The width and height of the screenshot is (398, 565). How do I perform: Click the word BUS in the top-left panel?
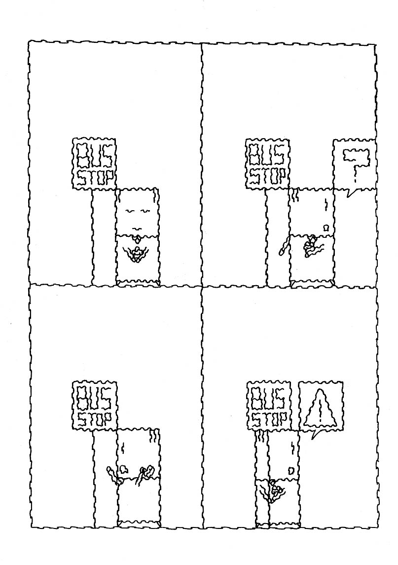point(94,156)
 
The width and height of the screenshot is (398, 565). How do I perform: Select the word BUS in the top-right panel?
point(267,156)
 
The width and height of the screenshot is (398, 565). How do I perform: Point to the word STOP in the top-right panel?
point(267,176)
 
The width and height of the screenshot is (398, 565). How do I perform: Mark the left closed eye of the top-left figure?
point(130,211)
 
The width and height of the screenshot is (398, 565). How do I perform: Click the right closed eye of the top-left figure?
point(145,211)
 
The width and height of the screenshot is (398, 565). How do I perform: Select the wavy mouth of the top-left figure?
point(138,228)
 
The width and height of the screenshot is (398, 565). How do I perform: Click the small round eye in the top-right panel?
point(325,227)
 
